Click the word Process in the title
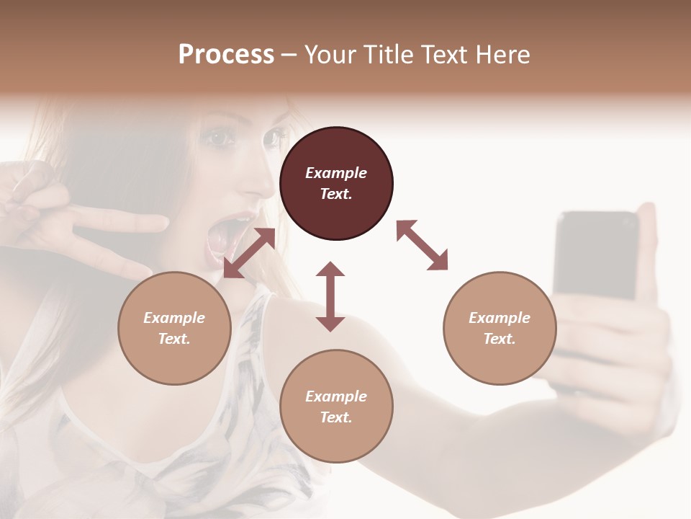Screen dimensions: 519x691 226,55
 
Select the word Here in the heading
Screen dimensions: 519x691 502,55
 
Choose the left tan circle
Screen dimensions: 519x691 174,328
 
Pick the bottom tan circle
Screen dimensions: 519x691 336,407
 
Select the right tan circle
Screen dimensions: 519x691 500,328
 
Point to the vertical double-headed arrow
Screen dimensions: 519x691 330,296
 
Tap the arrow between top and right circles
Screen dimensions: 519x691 423,245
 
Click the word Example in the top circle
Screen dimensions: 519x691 336,173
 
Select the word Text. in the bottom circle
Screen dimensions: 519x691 336,417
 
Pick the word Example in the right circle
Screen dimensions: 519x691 500,318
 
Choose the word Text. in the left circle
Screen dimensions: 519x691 174,339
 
